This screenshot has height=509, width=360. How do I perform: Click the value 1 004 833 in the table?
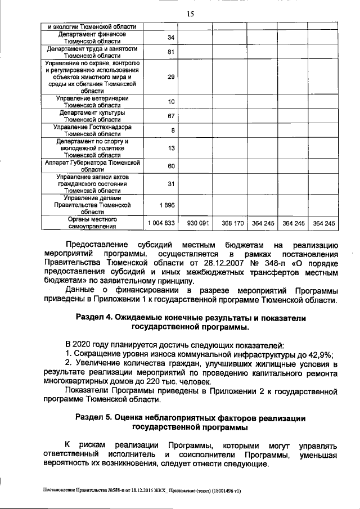[x=161, y=223]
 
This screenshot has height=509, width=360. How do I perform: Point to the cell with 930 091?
[x=198, y=223]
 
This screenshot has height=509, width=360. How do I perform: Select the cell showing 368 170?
[x=231, y=223]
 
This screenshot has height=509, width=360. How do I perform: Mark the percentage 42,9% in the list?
[x=321, y=354]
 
